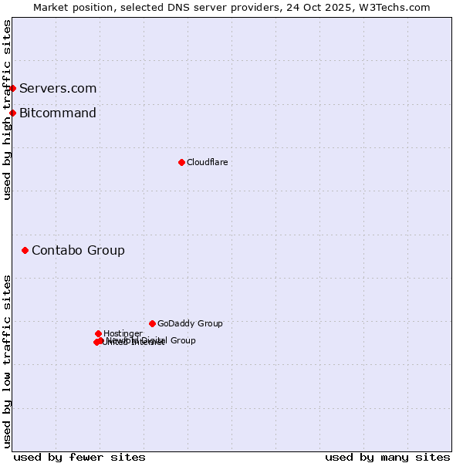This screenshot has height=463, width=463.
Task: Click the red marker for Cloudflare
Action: (181, 162)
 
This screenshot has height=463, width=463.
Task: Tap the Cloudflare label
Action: (207, 162)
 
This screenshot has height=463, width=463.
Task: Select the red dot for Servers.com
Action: (12, 88)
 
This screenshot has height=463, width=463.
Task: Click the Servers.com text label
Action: (58, 88)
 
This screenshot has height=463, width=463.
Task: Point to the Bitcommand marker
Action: (12, 113)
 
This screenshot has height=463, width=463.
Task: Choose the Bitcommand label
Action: (58, 113)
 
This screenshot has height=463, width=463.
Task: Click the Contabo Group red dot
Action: (25, 250)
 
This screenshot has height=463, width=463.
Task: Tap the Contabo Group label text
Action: (78, 250)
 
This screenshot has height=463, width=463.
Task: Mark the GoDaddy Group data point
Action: (152, 323)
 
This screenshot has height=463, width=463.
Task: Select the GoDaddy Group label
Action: (190, 323)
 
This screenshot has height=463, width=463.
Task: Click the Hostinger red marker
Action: (98, 333)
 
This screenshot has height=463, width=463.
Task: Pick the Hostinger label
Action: (123, 333)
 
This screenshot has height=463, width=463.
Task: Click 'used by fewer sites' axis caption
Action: (79, 457)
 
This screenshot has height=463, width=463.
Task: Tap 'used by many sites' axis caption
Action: (387, 457)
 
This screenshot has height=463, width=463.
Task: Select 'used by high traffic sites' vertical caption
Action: (7, 110)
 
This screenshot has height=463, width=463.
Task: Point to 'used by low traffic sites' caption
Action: (7, 361)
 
